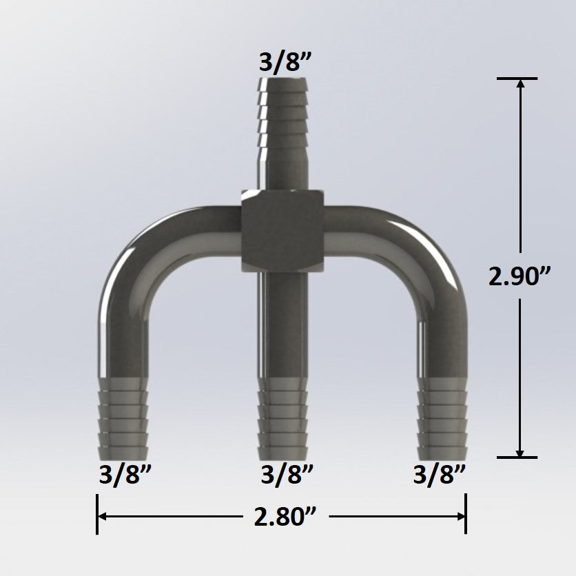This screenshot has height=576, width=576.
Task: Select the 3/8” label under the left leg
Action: coord(123,475)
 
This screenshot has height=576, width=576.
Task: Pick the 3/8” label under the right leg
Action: coord(440,475)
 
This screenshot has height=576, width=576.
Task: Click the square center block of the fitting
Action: coord(282,231)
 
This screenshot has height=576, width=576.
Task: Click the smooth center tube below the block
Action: coord(282,324)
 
